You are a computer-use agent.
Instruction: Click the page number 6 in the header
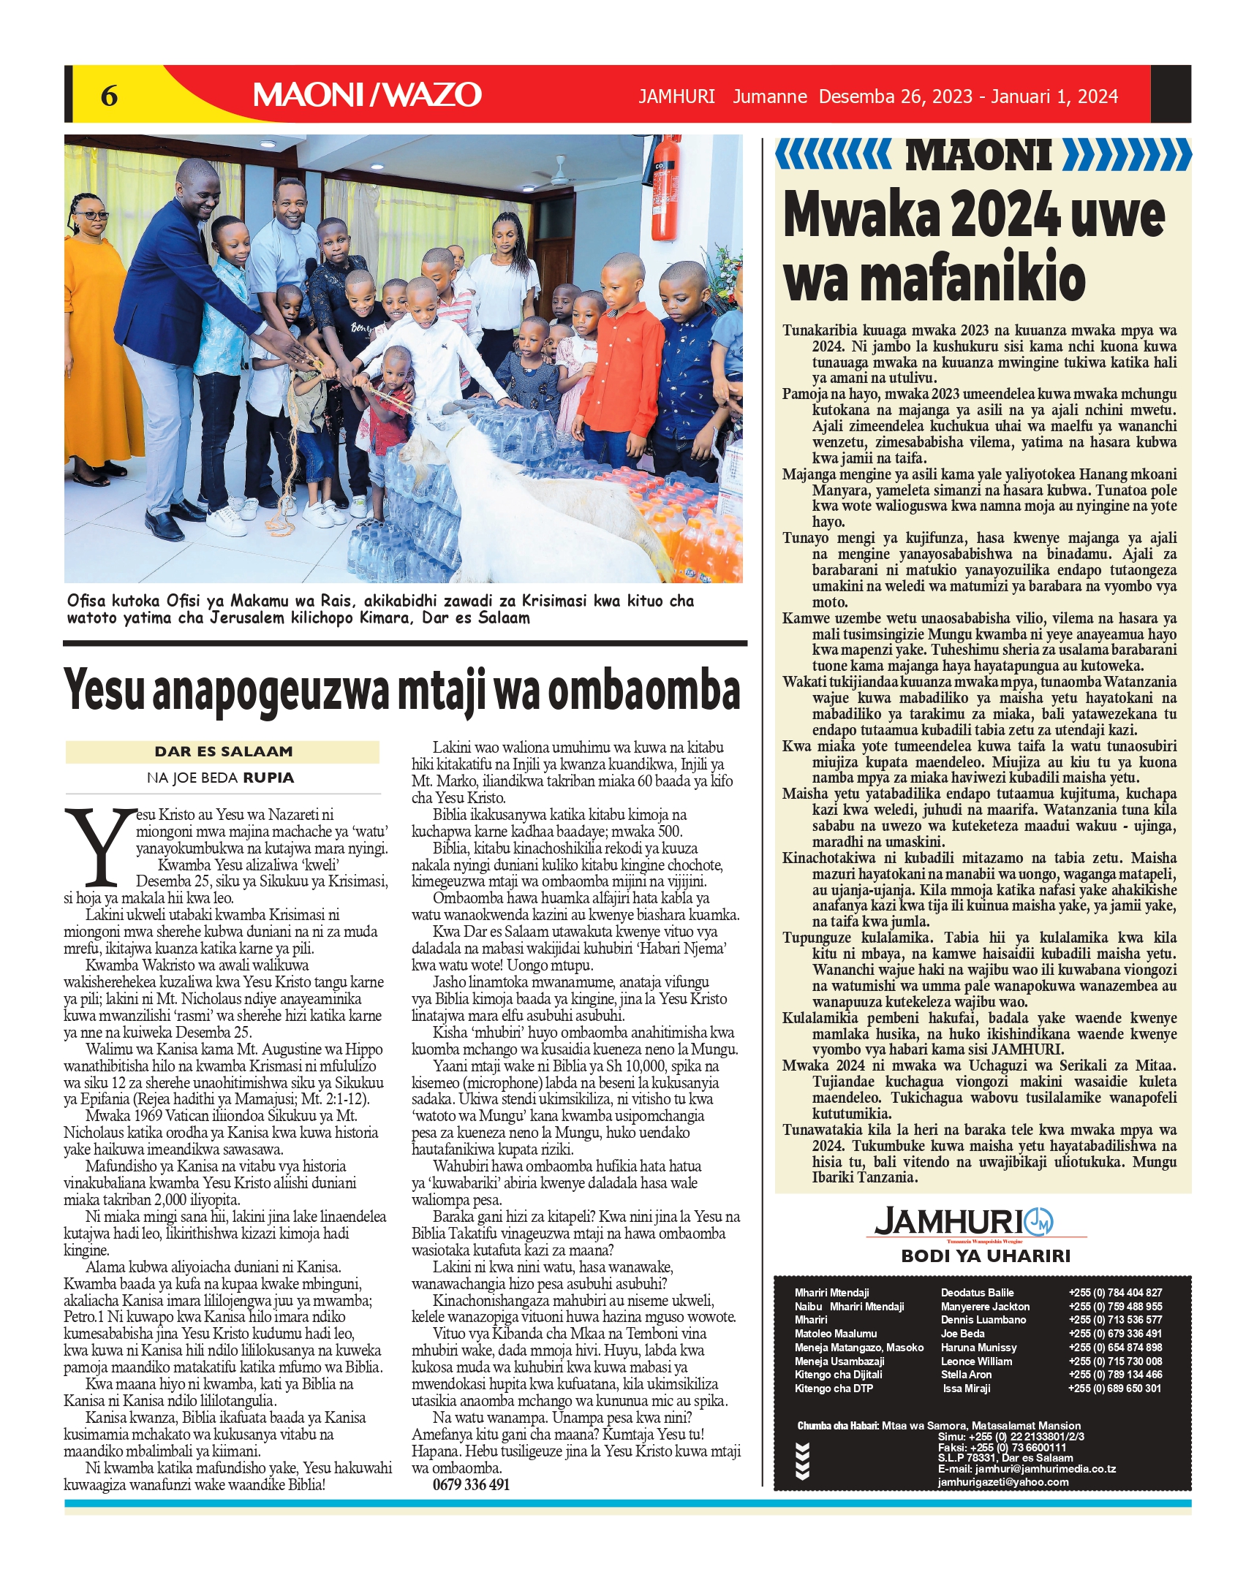(109, 96)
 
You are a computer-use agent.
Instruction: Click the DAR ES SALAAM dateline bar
(223, 751)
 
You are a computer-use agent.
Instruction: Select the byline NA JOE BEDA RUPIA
(221, 778)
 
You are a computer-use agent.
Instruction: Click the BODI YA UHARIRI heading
(985, 1256)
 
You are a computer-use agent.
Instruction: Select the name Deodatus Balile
(977, 1293)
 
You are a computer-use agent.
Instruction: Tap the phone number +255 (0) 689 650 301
(1114, 1389)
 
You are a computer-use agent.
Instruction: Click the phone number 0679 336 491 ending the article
(471, 1484)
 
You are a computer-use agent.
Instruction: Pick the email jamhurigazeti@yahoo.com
(1002, 1482)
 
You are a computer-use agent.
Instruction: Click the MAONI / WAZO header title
(367, 95)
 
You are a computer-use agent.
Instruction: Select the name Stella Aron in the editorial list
(966, 1375)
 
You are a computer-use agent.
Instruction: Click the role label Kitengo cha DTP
(834, 1389)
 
